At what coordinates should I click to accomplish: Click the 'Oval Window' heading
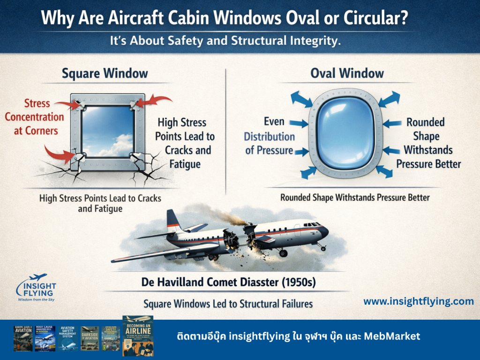click(x=347, y=74)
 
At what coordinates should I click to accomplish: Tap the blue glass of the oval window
click(x=345, y=136)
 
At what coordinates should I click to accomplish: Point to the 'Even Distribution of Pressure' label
click(x=270, y=136)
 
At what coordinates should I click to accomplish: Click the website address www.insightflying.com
click(x=419, y=301)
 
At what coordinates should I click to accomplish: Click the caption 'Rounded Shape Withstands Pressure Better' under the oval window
click(x=355, y=197)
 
